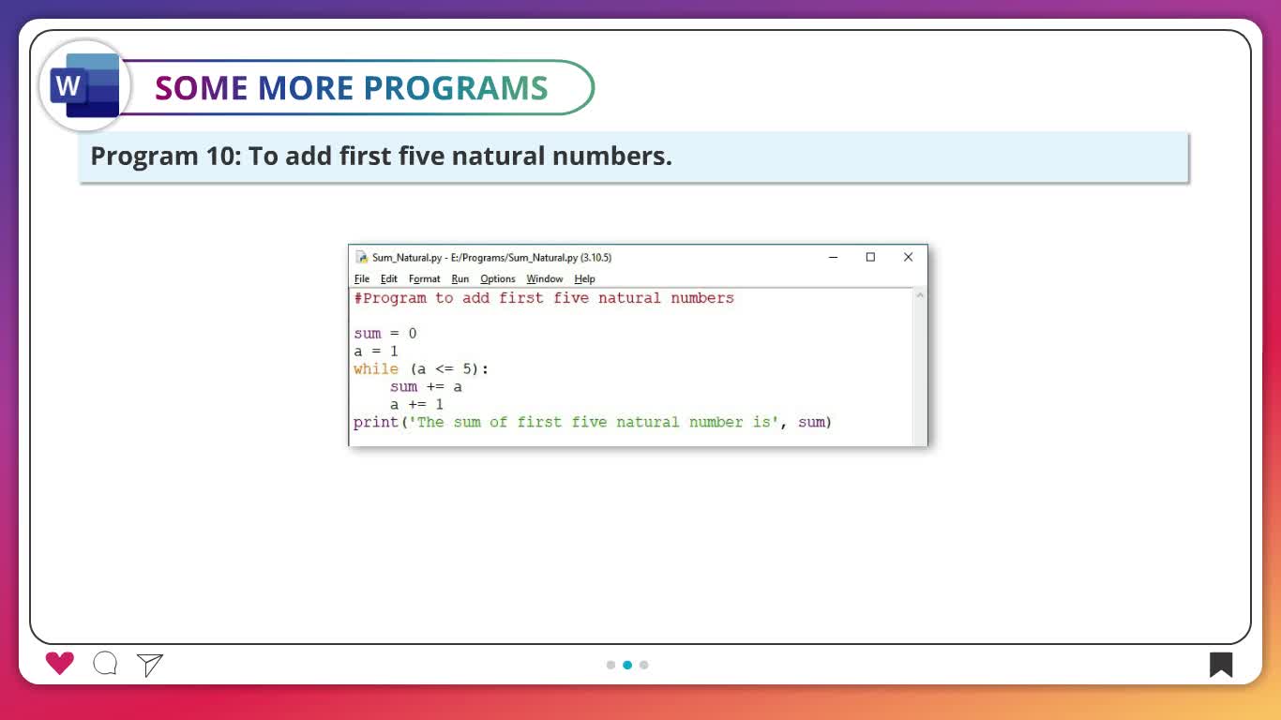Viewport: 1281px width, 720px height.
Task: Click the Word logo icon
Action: click(x=84, y=85)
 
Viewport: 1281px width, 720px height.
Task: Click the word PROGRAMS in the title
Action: click(x=456, y=88)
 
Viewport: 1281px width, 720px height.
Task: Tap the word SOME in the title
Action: click(x=202, y=88)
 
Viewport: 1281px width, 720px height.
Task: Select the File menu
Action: click(x=361, y=279)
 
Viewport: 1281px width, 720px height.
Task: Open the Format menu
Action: click(x=424, y=279)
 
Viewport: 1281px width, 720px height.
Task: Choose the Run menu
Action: click(x=460, y=279)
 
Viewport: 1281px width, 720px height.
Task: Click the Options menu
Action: click(x=498, y=279)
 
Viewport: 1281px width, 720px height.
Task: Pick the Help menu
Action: click(x=584, y=279)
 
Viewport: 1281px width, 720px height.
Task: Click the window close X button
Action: click(x=908, y=258)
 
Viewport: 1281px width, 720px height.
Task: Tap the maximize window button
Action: click(x=870, y=258)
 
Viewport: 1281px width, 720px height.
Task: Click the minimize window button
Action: click(x=834, y=258)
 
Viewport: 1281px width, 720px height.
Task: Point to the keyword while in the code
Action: click(x=376, y=368)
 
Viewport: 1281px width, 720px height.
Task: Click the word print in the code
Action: click(x=376, y=422)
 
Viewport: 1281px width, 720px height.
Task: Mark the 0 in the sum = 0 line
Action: click(x=413, y=334)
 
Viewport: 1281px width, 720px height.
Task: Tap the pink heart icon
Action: click(x=59, y=663)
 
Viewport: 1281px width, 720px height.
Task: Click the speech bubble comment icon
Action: click(x=105, y=664)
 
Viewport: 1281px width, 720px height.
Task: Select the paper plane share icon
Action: click(x=150, y=665)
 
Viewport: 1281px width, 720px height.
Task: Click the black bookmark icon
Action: click(x=1220, y=665)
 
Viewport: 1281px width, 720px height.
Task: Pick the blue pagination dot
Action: click(x=627, y=665)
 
